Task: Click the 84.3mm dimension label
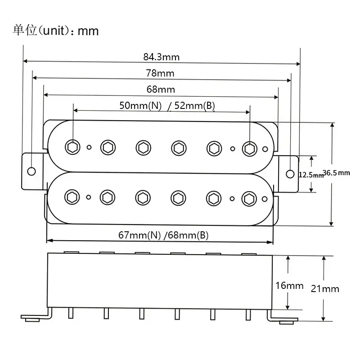pyautogui.click(x=162, y=57)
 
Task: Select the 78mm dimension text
pyautogui.click(x=160, y=73)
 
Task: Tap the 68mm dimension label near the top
pyautogui.click(x=161, y=89)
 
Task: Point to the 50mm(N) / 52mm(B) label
pyautogui.click(x=167, y=106)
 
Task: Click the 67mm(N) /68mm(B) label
pyautogui.click(x=163, y=235)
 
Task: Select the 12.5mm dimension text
pyautogui.click(x=311, y=175)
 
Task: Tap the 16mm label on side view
pyautogui.click(x=289, y=285)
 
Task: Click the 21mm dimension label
pyautogui.click(x=325, y=288)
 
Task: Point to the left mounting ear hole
pyautogui.click(x=31, y=171)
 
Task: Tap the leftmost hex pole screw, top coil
pyautogui.click(x=72, y=147)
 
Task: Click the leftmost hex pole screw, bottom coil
pyautogui.click(x=72, y=196)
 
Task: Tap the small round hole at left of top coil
pyautogui.click(x=90, y=147)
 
